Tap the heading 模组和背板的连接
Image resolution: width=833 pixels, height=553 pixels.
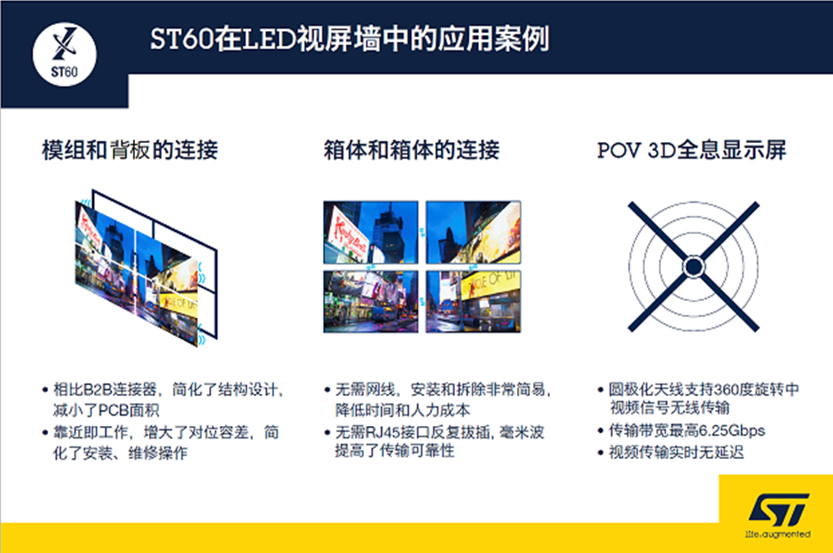pos(130,150)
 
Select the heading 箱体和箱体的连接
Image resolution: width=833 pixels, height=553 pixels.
pos(412,150)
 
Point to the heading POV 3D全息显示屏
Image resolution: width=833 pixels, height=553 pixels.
pos(692,150)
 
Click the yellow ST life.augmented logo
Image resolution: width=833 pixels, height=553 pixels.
pos(777,512)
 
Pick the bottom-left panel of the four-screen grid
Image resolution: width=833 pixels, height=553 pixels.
pos(371,301)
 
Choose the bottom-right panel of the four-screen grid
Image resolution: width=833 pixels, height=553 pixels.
pos(473,301)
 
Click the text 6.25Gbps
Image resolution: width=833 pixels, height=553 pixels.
pos(730,431)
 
